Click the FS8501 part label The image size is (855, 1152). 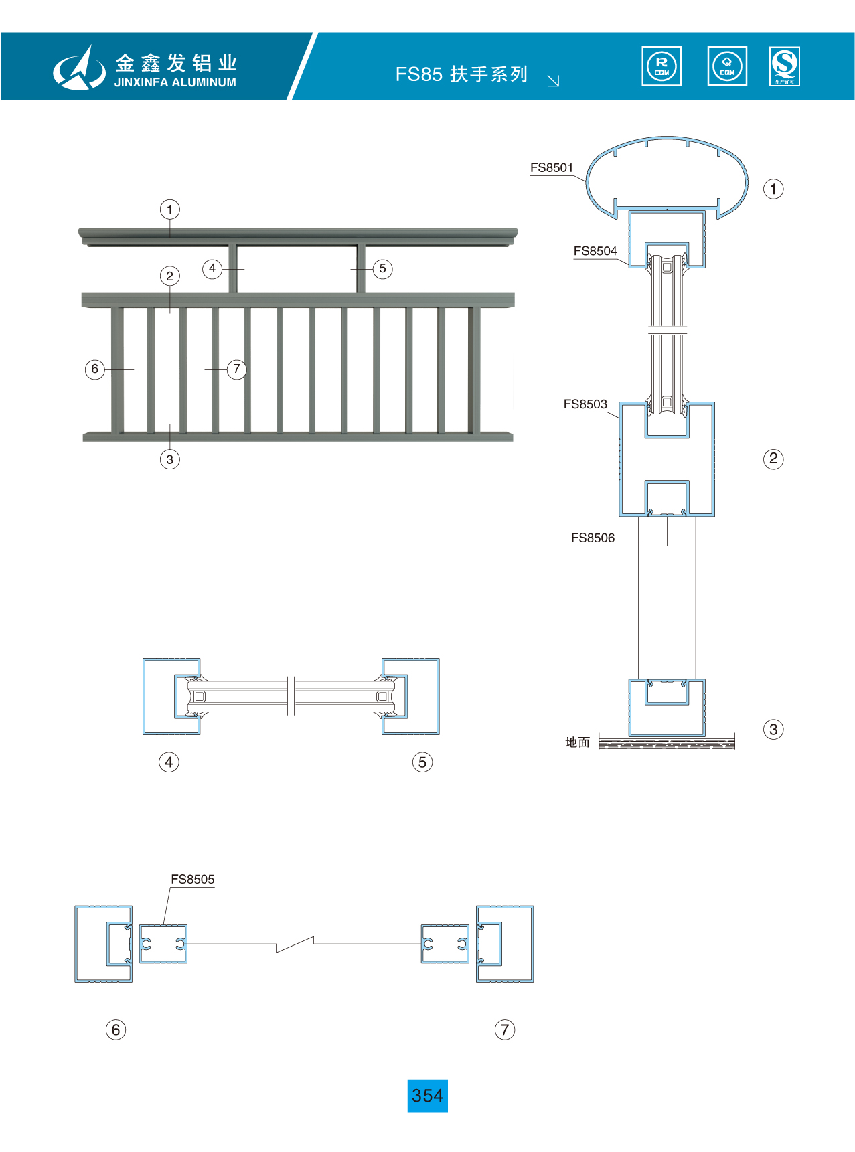pos(552,168)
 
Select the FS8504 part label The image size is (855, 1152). pos(595,251)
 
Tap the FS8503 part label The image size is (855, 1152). pos(585,404)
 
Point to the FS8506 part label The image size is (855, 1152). pos(593,538)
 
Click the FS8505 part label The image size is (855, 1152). pos(193,880)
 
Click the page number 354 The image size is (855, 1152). pos(427,1096)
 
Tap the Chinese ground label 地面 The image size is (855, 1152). pos(577,742)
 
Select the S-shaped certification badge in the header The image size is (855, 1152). pos(785,66)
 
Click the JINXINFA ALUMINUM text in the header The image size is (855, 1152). pos(175,82)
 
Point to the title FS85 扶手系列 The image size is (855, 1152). pos(461,74)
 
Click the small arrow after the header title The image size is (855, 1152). pos(553,81)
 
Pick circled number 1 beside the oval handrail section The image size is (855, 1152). pos(773,189)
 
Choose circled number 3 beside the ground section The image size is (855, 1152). pos(773,730)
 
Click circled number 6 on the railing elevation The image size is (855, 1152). pos(95,369)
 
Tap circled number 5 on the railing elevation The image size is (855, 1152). pos(382,269)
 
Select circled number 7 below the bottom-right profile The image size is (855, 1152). pos(505,1030)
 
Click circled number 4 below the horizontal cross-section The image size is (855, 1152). pos(169,762)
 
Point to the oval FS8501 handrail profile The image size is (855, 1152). pos(667,175)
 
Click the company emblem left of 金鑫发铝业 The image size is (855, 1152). pos(79,68)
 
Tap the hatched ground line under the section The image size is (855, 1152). pos(667,744)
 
